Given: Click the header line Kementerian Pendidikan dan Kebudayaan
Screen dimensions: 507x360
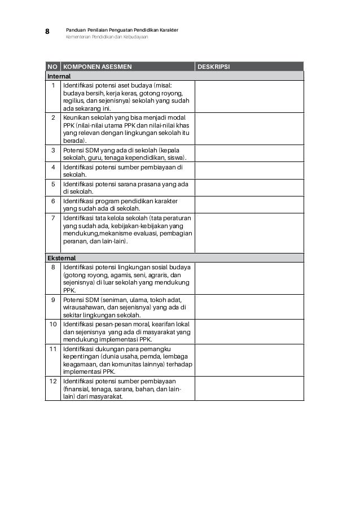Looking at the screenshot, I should [x=107, y=37].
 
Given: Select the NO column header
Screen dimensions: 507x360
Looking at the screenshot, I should [x=52, y=67].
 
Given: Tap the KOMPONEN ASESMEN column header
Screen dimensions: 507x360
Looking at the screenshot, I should [x=98, y=67].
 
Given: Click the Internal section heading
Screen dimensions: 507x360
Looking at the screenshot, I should [x=59, y=76].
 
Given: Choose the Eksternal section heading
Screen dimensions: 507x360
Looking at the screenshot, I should [x=60, y=258].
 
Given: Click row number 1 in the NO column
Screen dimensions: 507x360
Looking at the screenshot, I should [x=53, y=85].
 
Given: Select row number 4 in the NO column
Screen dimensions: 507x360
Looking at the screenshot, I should [x=53, y=168].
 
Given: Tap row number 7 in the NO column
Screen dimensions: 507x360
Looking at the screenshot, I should [x=53, y=217].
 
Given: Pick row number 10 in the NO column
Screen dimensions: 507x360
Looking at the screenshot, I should [x=52, y=325].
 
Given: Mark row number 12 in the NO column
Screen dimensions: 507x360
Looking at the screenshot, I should [x=52, y=381].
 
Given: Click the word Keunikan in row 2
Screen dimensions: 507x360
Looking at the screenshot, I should [x=77, y=118].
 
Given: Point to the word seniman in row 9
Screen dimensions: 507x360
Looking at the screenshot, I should [x=116, y=300].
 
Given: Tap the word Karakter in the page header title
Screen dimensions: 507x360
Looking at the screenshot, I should [x=167, y=29].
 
